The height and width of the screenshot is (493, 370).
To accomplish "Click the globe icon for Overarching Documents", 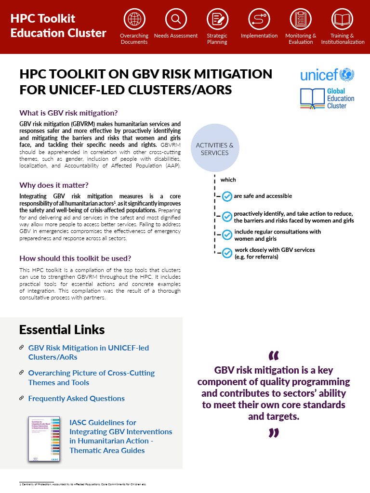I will [x=134, y=19].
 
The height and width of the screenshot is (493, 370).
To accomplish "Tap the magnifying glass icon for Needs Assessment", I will [x=175, y=19].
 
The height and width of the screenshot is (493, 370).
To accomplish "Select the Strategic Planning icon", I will [x=217, y=19].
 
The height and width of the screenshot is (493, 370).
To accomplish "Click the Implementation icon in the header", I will [x=259, y=19].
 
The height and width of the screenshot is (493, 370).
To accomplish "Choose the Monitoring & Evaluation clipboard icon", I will [x=301, y=19].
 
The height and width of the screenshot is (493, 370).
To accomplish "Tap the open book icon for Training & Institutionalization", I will [x=343, y=19].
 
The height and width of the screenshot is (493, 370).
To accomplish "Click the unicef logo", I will [x=327, y=75].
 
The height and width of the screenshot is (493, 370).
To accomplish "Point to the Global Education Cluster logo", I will [x=327, y=98].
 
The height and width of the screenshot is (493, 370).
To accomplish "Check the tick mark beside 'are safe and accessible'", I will [x=226, y=196].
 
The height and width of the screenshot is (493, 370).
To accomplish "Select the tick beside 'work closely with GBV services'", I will [x=226, y=253].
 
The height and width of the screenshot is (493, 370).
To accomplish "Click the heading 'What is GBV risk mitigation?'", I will [x=68, y=113].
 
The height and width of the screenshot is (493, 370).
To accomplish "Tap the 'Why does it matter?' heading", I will [x=53, y=185].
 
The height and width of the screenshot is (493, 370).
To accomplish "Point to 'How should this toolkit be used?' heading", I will [x=75, y=258].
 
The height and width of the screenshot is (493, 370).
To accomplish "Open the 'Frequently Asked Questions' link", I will [x=76, y=399].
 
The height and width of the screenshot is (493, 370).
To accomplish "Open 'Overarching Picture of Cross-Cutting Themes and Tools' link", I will [x=91, y=378].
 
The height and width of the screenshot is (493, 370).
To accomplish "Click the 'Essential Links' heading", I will [x=62, y=330].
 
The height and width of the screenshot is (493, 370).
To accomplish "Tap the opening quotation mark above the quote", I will [x=273, y=356].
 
